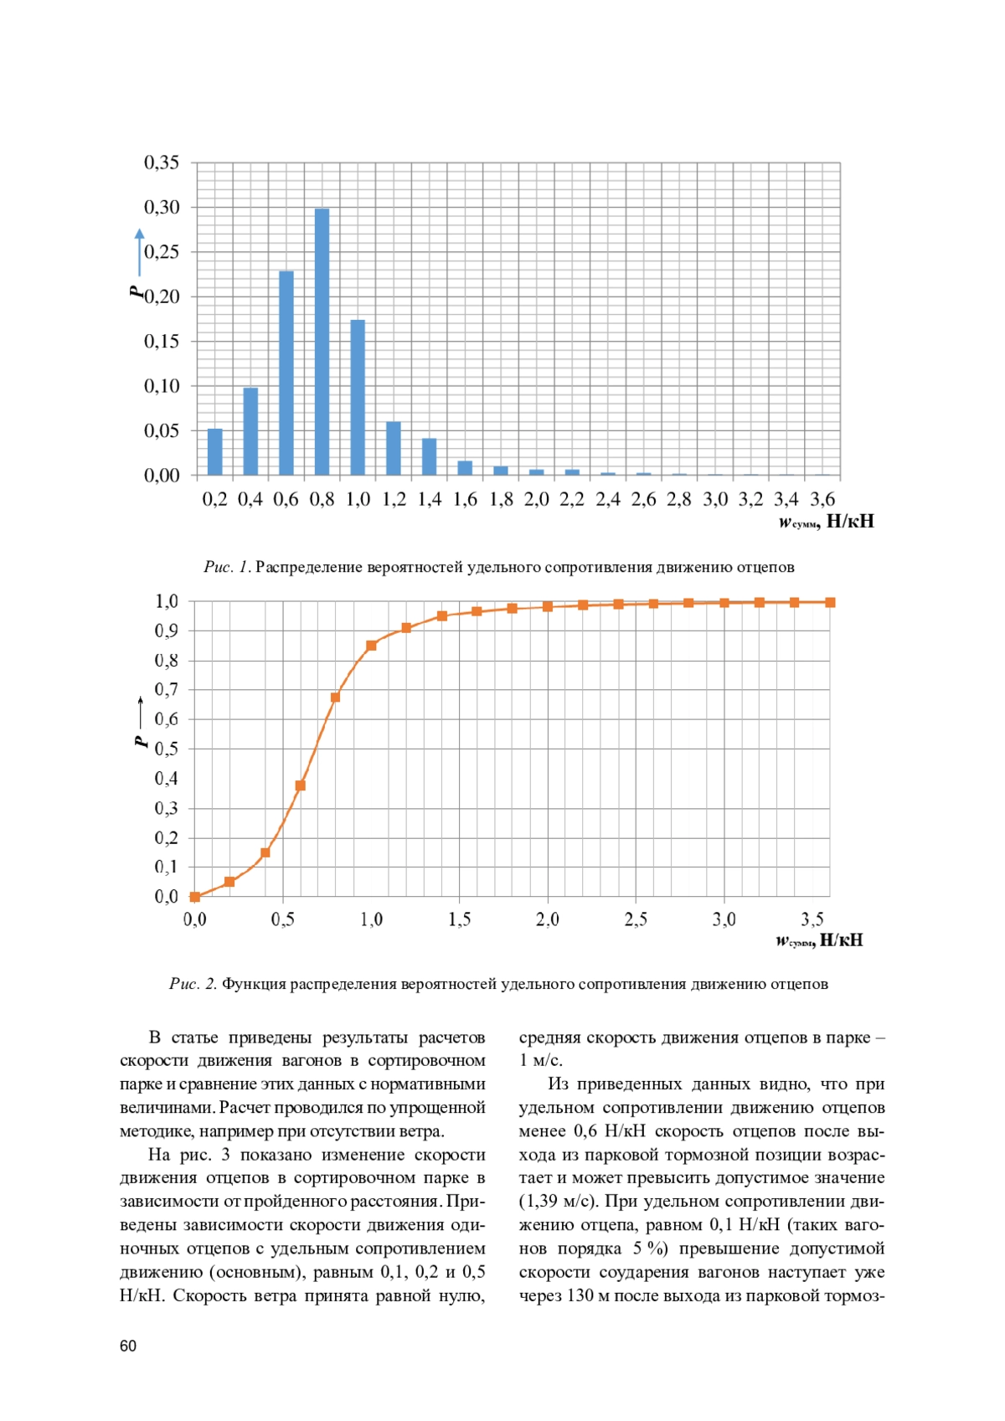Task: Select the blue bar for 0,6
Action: (286, 373)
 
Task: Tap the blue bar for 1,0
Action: (358, 397)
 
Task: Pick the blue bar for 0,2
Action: (215, 452)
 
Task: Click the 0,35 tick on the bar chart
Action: (162, 162)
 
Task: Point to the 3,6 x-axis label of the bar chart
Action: (822, 500)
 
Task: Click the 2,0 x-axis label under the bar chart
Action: (537, 500)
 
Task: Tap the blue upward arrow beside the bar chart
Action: (140, 252)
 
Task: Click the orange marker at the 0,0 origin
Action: (195, 897)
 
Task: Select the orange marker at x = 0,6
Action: (301, 785)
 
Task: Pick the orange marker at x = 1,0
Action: (371, 646)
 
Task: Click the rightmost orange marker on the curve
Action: (830, 602)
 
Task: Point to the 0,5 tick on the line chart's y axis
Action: (167, 749)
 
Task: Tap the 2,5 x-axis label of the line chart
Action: (636, 919)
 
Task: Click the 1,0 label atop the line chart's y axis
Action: (167, 601)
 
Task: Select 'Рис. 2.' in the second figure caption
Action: (193, 984)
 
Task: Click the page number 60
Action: (128, 1346)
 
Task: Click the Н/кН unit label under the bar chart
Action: (849, 522)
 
